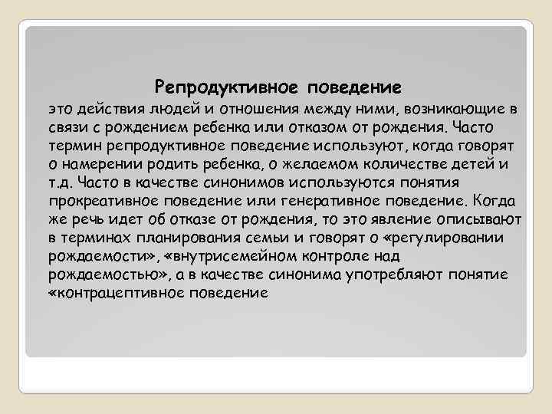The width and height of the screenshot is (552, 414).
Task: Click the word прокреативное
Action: [98, 200]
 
